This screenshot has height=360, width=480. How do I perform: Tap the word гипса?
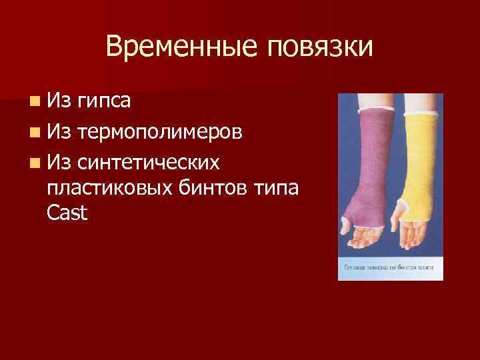point(103,101)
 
